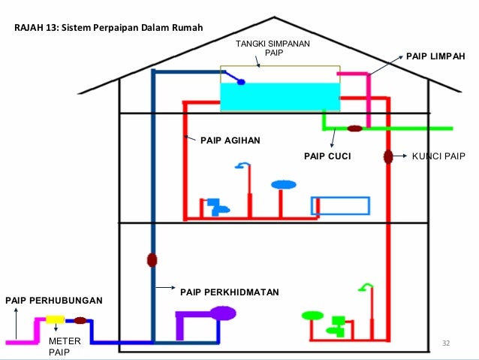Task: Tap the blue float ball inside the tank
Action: click(x=241, y=81)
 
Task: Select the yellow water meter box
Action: click(x=55, y=319)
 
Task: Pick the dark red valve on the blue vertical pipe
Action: click(x=152, y=260)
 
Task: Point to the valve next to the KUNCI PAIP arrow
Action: click(x=388, y=157)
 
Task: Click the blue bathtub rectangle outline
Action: click(x=341, y=206)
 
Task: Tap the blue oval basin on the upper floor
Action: click(x=283, y=184)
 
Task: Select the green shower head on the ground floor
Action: click(x=366, y=286)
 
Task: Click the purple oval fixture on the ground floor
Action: click(x=223, y=313)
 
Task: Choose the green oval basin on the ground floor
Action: click(x=310, y=315)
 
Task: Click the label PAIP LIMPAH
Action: click(x=435, y=56)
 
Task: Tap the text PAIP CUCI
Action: click(x=327, y=157)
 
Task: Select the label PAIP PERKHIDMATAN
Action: click(x=230, y=289)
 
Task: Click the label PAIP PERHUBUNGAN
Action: click(x=53, y=301)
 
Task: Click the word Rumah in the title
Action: click(x=186, y=29)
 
